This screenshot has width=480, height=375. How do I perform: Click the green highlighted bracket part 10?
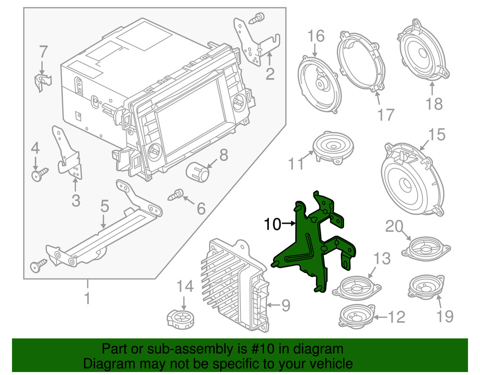pyautogui.click(x=307, y=245)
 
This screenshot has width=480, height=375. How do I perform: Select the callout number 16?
pyautogui.click(x=316, y=36)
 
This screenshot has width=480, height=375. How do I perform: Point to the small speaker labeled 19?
pyautogui.click(x=425, y=287)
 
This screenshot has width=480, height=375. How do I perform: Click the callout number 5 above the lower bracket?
pyautogui.click(x=105, y=207)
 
